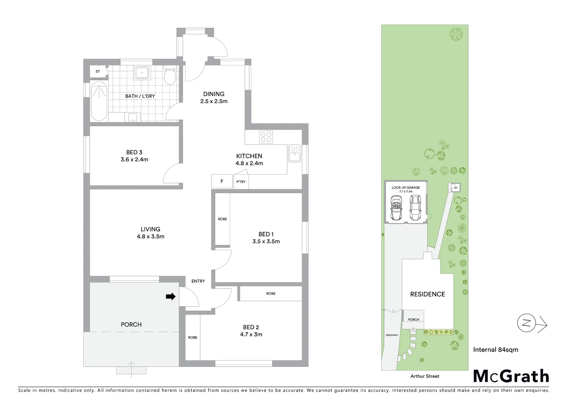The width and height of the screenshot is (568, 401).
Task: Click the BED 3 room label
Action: (x=134, y=152)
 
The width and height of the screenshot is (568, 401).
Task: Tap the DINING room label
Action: (x=214, y=94)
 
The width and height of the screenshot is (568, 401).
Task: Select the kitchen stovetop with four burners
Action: (x=266, y=137)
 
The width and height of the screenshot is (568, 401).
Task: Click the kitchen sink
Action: (x=294, y=153)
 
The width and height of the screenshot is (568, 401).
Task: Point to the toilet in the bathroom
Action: (x=170, y=77)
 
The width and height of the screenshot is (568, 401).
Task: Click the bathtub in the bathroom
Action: (x=99, y=101)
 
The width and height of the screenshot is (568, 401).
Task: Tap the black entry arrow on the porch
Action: (x=171, y=296)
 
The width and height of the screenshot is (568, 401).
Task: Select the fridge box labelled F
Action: (x=222, y=182)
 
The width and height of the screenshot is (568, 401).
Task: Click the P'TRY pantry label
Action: (x=241, y=182)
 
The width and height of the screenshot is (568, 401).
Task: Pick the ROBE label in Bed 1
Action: (x=222, y=219)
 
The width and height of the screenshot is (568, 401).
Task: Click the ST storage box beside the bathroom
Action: (x=98, y=71)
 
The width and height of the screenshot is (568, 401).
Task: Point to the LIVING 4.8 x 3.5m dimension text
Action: (x=151, y=237)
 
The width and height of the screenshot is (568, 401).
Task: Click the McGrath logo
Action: (x=511, y=376)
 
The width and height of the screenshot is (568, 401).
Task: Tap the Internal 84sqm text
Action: (x=496, y=349)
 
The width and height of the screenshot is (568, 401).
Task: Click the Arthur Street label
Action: (x=425, y=376)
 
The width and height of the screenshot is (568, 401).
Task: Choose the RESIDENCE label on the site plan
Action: (x=427, y=294)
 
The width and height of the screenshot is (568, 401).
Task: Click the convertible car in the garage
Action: (x=396, y=209)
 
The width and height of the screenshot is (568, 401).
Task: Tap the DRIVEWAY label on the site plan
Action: (x=392, y=335)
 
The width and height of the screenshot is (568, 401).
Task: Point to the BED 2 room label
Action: (x=251, y=327)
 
